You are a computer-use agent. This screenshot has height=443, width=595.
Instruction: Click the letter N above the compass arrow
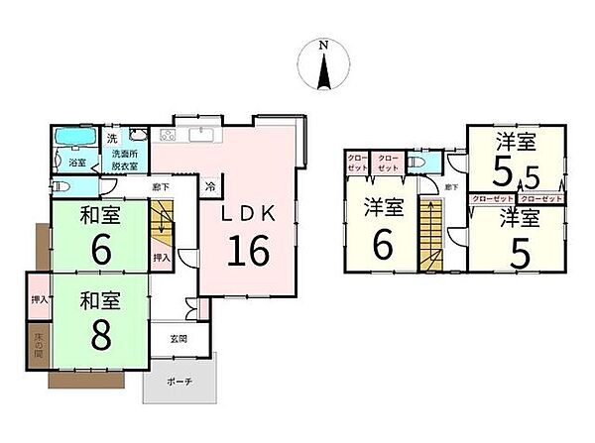[322, 45]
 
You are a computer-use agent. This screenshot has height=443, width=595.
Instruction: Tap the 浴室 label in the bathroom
[75, 161]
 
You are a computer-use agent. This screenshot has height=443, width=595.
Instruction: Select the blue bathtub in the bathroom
[75, 137]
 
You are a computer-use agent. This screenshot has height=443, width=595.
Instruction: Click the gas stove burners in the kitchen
[168, 135]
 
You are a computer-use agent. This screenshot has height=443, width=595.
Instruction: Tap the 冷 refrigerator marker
[210, 184]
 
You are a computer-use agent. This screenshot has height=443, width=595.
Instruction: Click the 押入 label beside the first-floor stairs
[161, 257]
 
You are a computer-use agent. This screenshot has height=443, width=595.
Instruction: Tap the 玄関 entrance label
[179, 339]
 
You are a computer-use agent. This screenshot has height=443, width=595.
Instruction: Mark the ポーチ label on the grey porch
[178, 382]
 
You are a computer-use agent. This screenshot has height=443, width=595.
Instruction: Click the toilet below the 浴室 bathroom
[62, 185]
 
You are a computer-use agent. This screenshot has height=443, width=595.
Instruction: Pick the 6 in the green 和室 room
[100, 251]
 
